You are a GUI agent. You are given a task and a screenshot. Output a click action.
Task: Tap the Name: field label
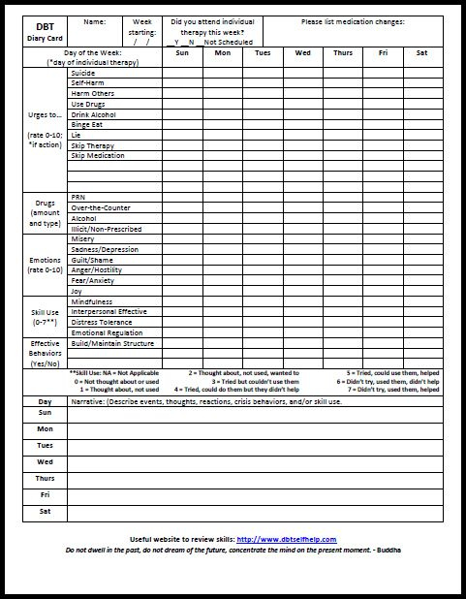pos(95,21)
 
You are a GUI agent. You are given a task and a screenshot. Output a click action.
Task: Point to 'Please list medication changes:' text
pos(352,21)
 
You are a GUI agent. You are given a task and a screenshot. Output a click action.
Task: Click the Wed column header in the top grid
pos(302,53)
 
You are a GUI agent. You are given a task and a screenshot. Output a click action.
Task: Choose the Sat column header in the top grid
pos(421,53)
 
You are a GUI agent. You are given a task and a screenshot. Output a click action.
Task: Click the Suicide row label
pos(83,73)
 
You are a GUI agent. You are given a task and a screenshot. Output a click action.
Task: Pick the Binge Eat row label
pos(88,125)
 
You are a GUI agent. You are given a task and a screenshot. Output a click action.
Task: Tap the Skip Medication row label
pos(96,156)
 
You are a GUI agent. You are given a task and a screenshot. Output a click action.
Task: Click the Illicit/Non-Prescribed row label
pos(107,229)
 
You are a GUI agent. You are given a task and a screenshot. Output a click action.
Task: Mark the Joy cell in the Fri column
pos(383,291)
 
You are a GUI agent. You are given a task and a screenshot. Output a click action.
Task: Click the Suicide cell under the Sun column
pos(182,73)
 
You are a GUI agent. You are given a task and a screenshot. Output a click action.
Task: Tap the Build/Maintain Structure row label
pos(112,343)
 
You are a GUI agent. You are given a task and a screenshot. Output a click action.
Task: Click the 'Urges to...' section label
pos(46,115)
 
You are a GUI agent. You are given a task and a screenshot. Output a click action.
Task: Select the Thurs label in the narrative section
pos(45,478)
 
